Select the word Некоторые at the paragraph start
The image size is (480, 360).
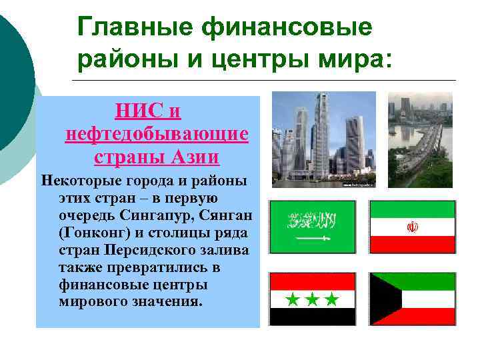point(76,181)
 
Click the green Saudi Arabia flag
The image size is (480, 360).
point(312,227)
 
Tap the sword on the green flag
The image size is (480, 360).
point(312,238)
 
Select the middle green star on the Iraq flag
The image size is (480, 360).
point(312,300)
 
